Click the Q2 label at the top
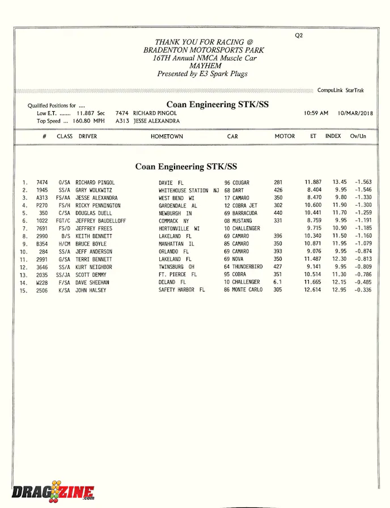pos(299,35)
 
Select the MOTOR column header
pos(285,137)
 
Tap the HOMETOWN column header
pos(167,137)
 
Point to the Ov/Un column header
pos(358,137)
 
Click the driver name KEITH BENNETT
pos(94,236)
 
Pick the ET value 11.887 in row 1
pos(313,183)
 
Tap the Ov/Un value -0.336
pos(363,290)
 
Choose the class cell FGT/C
pos(62,221)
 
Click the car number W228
pos(42,282)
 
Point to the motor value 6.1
pos(278,282)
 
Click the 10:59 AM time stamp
pos(316,113)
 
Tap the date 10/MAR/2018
pos(355,113)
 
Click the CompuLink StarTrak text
pos(341,91)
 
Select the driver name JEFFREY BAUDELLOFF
pos(101,221)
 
